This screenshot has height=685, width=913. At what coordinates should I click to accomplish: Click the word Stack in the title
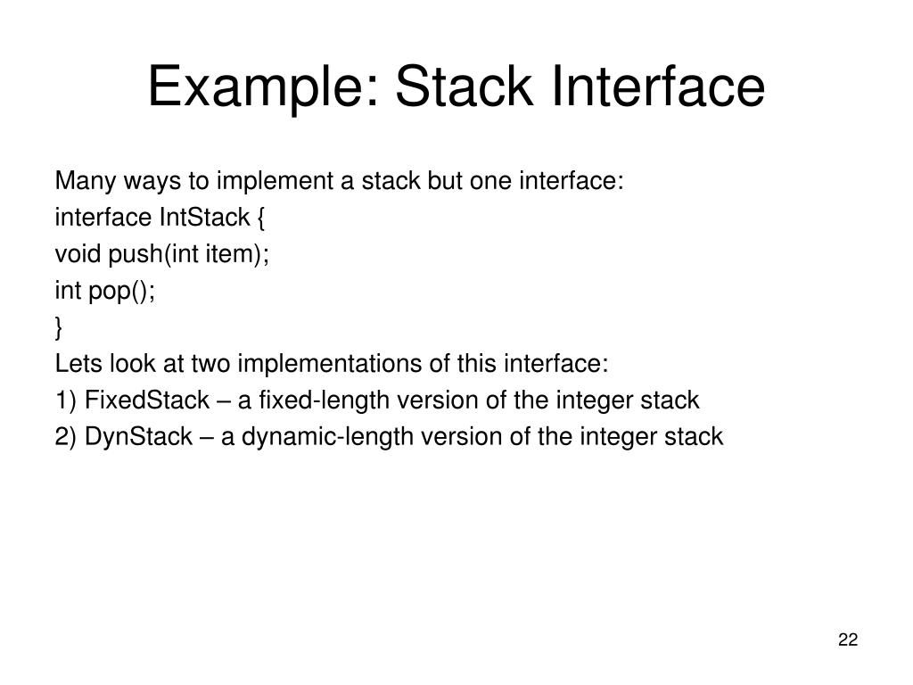464,87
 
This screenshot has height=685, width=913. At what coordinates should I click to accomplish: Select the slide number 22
848,640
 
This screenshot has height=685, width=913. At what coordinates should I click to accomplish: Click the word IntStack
204,218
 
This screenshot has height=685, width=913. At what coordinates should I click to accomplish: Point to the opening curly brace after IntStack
260,219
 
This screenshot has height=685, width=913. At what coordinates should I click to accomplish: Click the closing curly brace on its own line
58,328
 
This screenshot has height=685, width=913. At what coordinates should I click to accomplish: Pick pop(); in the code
121,292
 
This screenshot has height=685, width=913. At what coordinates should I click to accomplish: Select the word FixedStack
147,400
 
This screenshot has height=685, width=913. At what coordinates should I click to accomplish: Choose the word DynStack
138,437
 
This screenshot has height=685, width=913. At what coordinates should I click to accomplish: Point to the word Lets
78,364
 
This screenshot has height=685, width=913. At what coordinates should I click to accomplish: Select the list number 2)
66,437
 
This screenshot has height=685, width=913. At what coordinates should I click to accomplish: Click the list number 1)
66,400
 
